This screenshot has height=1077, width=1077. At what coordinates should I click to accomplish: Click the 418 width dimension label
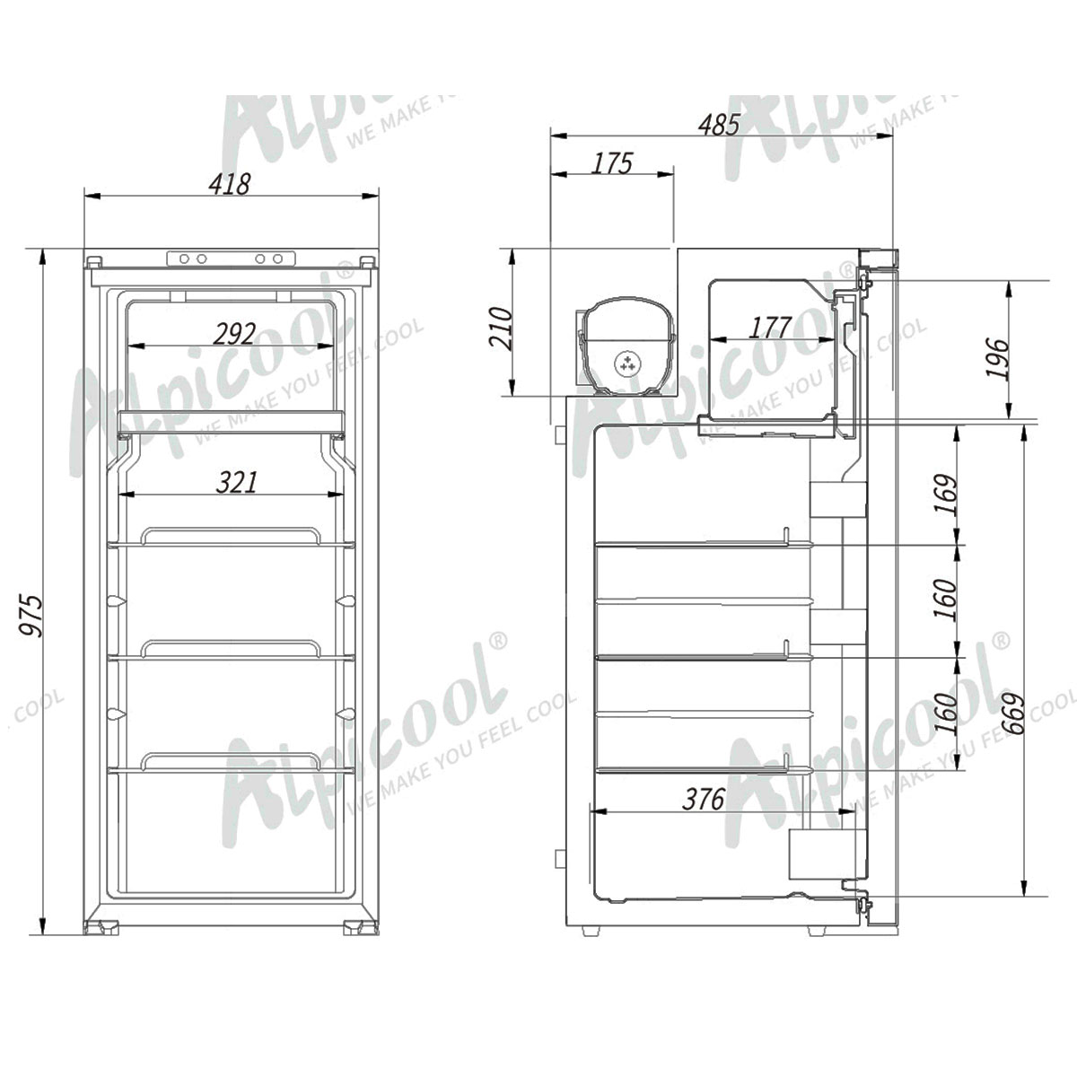[x=229, y=184]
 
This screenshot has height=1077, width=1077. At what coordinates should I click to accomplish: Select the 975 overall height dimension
[x=31, y=616]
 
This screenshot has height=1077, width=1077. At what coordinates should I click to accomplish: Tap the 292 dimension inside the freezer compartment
[x=234, y=334]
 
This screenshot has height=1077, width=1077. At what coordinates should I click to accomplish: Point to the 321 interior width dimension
[x=236, y=482]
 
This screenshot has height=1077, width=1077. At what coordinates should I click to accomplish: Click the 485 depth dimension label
[x=719, y=125]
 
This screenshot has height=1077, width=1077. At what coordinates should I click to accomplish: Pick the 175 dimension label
[x=612, y=163]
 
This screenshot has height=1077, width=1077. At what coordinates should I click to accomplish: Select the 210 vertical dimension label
[x=501, y=328]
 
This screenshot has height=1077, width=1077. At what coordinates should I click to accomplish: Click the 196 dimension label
[x=998, y=359]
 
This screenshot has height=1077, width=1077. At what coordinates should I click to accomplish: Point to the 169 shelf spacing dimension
[x=946, y=495]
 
